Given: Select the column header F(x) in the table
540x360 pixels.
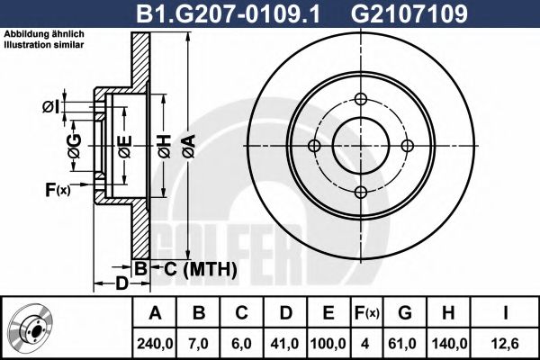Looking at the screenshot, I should point(368,313).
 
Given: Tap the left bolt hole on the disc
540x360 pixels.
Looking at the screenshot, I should point(313,147).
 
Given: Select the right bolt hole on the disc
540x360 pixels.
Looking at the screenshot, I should point(407,147).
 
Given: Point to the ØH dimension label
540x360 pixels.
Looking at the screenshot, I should point(165,145).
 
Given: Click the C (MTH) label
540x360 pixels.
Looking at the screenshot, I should point(196,268).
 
